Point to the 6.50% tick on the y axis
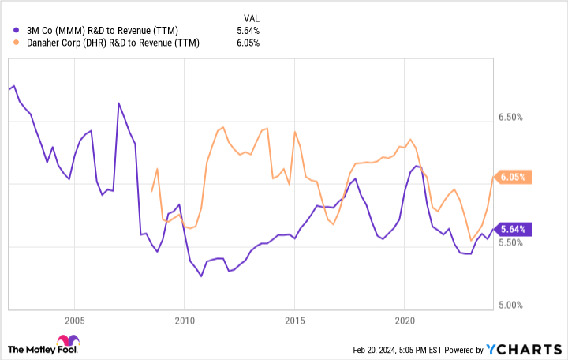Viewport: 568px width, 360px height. click(511, 118)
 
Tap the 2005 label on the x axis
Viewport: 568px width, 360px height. click(74, 321)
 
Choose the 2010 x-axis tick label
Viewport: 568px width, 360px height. click(184, 321)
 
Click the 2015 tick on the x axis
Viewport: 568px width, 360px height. click(294, 321)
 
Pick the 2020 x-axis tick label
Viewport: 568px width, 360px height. click(404, 321)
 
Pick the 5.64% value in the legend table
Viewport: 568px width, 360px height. click(248, 31)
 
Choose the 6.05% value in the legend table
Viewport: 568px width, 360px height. click(248, 43)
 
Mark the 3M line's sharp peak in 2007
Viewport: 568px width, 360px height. click(118, 103)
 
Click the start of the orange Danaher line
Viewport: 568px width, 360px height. click(151, 191)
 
